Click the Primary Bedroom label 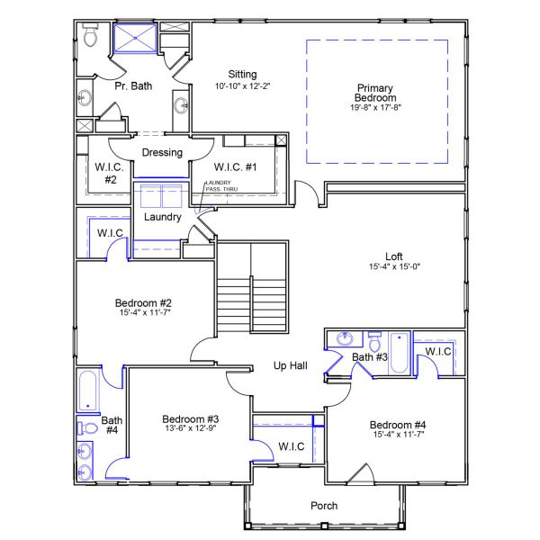tap(374, 93)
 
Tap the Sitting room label tap(242, 75)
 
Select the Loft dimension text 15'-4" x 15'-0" tap(395, 266)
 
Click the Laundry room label tap(163, 217)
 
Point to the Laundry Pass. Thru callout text tap(219, 187)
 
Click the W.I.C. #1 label tap(236, 166)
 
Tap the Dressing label tap(162, 152)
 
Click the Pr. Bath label tap(133, 86)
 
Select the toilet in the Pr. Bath tap(89, 37)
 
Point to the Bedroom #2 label tap(143, 302)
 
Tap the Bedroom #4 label tap(397, 425)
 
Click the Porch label tap(324, 506)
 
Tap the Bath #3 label tap(369, 358)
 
